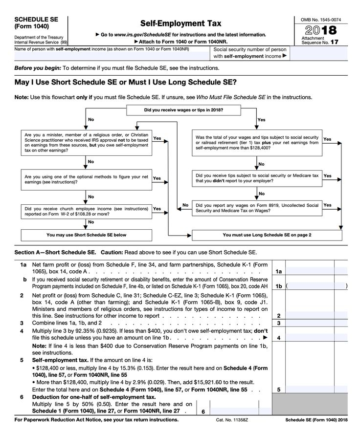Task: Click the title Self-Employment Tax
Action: tap(180, 23)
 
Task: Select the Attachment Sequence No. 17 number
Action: tap(334, 43)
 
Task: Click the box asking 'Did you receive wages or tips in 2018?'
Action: tap(183, 109)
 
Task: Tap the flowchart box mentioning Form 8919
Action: tap(256, 208)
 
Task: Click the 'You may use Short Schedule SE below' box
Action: tap(86, 235)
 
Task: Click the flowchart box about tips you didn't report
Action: tap(256, 178)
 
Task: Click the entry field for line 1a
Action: tap(317, 271)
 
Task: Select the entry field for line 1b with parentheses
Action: tap(317, 285)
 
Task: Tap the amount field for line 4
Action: tap(317, 338)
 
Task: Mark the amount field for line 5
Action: tap(317, 390)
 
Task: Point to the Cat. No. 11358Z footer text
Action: tap(232, 420)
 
